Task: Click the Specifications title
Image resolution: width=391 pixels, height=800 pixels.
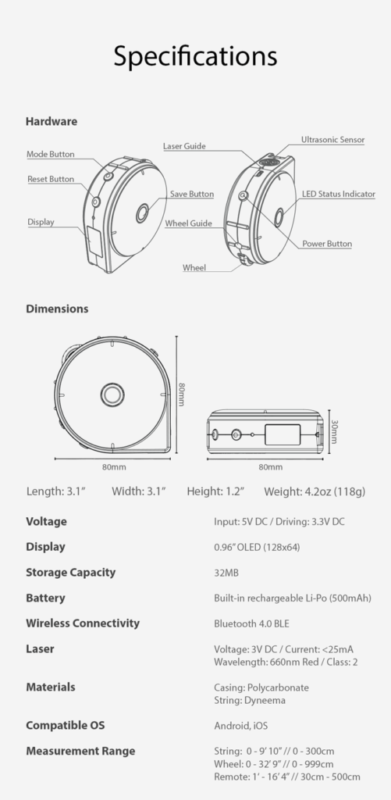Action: tap(195, 56)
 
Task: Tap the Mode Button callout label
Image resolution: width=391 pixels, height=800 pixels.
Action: tap(51, 154)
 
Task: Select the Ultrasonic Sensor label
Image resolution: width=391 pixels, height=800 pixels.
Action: tap(332, 139)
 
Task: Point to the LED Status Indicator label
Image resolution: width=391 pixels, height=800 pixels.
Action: tap(339, 194)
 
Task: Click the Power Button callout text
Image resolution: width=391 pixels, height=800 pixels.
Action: tap(327, 244)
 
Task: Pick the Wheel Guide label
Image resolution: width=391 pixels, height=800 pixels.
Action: tap(188, 223)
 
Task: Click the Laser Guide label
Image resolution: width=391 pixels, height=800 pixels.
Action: tap(184, 146)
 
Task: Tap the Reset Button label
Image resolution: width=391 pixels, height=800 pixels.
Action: tap(51, 179)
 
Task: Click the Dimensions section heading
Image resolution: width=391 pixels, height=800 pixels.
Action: tap(57, 309)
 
